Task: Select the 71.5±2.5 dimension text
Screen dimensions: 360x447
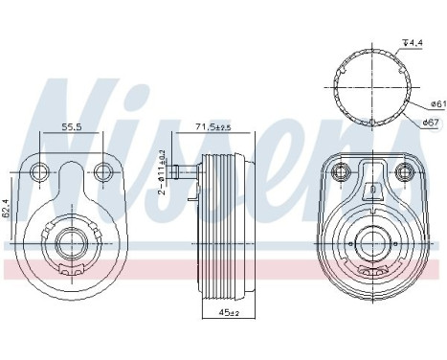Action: click(212, 127)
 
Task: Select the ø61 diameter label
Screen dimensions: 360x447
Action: click(433, 103)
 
